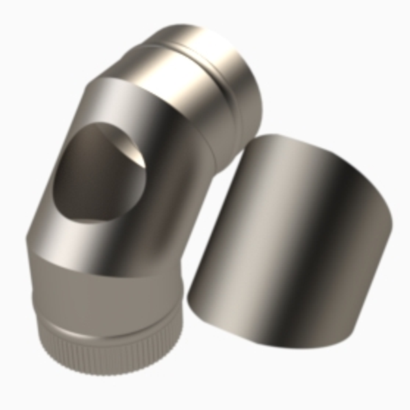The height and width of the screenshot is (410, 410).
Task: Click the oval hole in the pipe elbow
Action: (102, 174)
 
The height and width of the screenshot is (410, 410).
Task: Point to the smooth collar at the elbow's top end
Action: (205, 68)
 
